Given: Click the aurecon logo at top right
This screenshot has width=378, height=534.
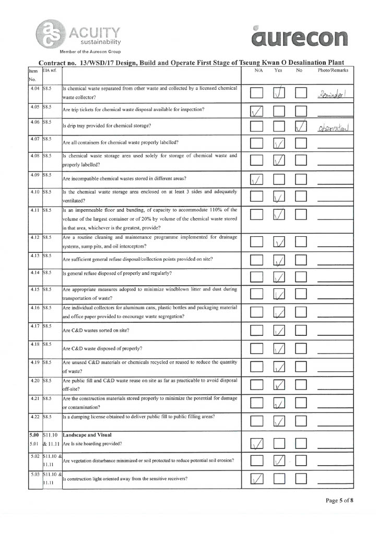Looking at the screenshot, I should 299,37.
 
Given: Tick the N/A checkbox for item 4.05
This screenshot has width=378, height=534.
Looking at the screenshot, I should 257,111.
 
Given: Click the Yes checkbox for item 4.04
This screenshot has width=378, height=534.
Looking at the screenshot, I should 279,93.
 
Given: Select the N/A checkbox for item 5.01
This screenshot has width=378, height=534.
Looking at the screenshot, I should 257,444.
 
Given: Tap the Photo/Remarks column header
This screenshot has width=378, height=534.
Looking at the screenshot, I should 333,70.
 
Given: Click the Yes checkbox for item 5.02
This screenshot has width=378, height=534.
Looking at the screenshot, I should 279,460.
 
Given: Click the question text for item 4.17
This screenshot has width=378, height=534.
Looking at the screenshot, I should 96,331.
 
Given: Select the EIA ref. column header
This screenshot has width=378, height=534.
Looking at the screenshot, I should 50,70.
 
